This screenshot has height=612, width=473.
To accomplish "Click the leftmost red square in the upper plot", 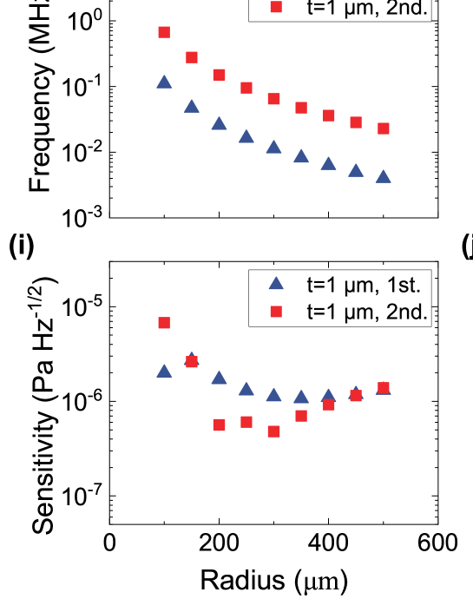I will pos(163,32).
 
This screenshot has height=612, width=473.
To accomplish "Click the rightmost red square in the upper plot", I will pos(383,128).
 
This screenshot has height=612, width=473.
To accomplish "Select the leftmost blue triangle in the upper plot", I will pos(163,82).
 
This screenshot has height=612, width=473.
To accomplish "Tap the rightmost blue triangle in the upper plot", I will pos(383,177).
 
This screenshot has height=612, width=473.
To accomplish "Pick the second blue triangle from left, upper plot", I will pos(191,107).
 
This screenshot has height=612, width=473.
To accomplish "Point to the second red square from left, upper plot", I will pos(191,57).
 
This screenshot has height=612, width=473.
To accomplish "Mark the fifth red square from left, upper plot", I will pos(273,99).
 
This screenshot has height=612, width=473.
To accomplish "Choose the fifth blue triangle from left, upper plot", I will pos(273,148).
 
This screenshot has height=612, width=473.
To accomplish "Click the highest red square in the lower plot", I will pos(163,323).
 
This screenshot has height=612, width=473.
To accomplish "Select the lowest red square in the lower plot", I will pos(273,431).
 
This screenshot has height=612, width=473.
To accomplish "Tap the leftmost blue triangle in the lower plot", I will pos(163,372).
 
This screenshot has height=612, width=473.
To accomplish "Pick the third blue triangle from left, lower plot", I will pos(219,378).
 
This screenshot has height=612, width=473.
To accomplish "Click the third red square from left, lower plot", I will pos(219,424).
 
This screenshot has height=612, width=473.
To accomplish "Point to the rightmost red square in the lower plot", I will pos(383,387).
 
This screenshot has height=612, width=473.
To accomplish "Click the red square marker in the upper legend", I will pos(277,8).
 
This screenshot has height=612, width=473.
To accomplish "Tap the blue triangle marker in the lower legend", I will pos(277,283).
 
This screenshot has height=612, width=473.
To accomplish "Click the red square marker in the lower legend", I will pos(277,312).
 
